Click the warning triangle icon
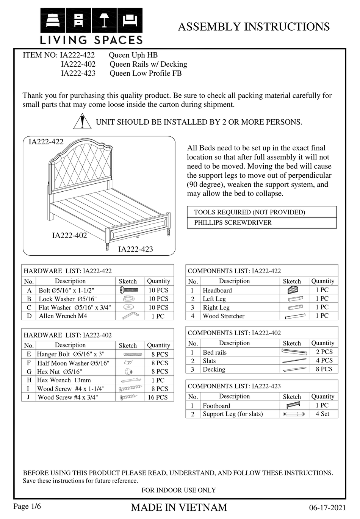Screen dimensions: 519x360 coord(82,122)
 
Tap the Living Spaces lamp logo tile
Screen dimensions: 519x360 coord(104,20)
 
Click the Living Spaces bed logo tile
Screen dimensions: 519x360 coord(53,20)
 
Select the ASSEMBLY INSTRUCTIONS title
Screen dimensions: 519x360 coord(254,27)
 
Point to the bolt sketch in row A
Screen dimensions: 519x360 coord(129,290)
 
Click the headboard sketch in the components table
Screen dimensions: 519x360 coord(293,290)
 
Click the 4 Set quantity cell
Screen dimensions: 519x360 coord(322,414)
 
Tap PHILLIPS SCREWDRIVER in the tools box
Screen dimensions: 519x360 coord(233,223)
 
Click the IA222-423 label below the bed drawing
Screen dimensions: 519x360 coord(136,249)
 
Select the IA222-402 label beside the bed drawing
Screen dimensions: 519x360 coord(69,236)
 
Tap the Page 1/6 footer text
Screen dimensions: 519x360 coord(27,506)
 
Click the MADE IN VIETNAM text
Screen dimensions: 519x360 coord(179,508)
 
